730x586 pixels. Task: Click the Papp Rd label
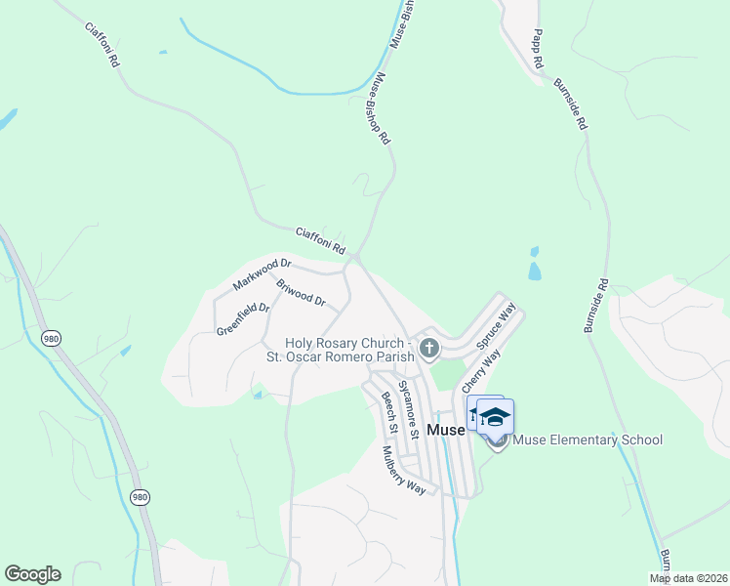click(538, 49)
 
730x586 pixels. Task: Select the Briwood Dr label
click(301, 294)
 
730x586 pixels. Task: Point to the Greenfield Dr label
click(242, 318)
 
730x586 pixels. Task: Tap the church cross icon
click(427, 348)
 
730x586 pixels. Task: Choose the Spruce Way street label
click(496, 327)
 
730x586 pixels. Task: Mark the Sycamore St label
click(409, 409)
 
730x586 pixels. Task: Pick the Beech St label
click(388, 413)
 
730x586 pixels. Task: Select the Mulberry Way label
click(404, 471)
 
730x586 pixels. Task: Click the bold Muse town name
click(446, 430)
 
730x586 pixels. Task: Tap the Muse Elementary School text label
click(587, 439)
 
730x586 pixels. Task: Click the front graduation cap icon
click(496, 418)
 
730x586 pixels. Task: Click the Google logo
click(32, 574)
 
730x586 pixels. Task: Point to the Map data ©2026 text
click(687, 578)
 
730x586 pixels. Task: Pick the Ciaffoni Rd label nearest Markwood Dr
click(320, 242)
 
